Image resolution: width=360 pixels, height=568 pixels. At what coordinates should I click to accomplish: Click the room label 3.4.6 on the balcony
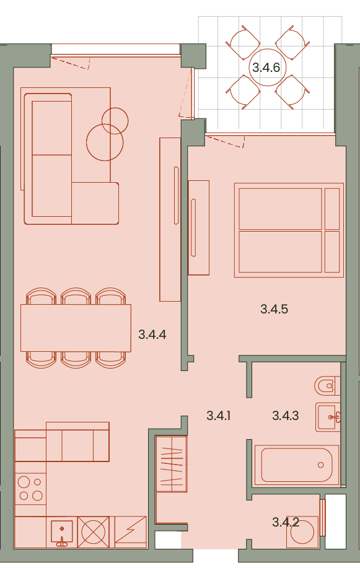pos(266,68)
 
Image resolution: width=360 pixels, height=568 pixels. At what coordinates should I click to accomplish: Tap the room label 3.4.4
pos(152,334)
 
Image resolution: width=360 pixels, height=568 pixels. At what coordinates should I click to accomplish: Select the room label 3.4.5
pos(274,309)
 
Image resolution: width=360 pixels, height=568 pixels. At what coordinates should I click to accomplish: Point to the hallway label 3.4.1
pos(218,416)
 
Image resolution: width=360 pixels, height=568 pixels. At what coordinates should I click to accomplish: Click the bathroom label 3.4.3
pos(285,416)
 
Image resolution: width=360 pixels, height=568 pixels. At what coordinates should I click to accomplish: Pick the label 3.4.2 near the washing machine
pos(285,522)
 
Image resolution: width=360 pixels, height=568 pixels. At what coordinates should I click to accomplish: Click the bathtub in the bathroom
pos(297,465)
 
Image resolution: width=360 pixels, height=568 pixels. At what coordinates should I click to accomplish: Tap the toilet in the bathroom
pos(327,386)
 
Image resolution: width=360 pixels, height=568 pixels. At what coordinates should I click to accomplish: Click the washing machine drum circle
pos(302,532)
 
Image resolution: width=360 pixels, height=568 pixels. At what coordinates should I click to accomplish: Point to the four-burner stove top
pos(30,489)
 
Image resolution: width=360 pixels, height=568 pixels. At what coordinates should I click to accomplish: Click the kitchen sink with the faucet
pos(61,532)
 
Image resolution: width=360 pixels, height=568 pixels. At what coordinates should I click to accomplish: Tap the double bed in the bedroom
pos(289,230)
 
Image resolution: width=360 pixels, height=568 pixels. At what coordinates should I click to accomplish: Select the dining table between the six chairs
pos(76,328)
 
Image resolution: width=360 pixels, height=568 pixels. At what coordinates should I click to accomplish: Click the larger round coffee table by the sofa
pos(105,142)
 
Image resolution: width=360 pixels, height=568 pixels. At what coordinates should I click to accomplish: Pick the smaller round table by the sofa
pos(115,121)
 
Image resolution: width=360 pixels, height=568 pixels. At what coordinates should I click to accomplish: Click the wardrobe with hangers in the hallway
pos(171,464)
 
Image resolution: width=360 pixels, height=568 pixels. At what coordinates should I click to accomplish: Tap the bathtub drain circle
pos(320,465)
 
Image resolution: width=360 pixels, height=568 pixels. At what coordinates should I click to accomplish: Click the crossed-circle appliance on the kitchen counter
pos(93,532)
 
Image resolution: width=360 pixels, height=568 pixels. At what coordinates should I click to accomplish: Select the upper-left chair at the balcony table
pos(242,43)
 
